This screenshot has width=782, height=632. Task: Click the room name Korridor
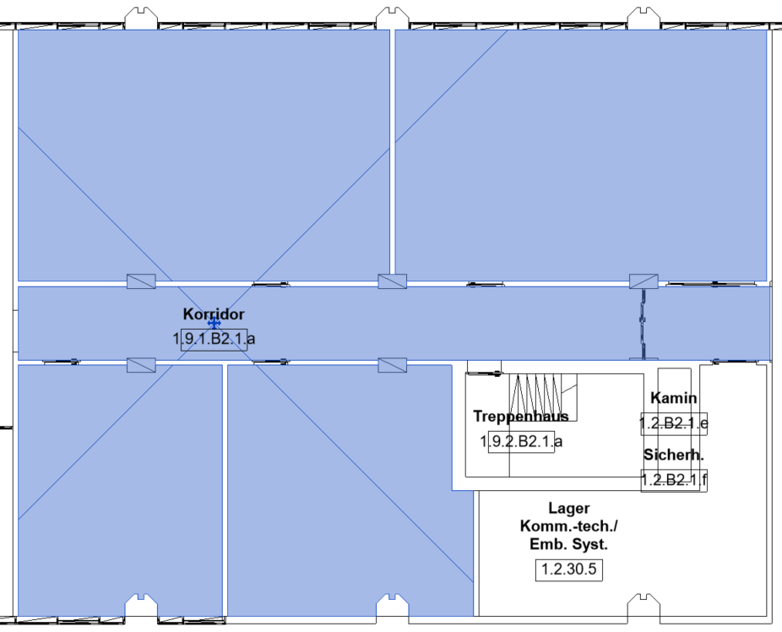(214, 314)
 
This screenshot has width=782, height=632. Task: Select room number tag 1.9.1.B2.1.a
(214, 339)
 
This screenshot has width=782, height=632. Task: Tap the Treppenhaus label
(521, 416)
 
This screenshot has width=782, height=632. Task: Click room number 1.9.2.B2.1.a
(521, 441)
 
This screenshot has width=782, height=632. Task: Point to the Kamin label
(674, 398)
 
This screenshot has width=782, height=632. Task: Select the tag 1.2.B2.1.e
(674, 423)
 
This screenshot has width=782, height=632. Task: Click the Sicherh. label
(674, 455)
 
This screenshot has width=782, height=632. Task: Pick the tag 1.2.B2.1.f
(674, 481)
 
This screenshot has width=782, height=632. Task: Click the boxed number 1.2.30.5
(569, 569)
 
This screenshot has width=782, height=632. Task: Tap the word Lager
(569, 509)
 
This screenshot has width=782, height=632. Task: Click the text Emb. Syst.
(569, 544)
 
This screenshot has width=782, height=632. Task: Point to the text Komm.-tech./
(569, 526)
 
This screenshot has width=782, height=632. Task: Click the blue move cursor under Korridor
(214, 323)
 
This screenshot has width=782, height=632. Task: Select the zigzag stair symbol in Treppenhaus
(535, 398)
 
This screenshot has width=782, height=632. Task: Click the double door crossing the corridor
(644, 324)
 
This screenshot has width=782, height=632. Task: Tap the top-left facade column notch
(141, 18)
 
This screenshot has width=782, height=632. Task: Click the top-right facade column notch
(644, 18)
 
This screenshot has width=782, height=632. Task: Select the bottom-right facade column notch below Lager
(644, 605)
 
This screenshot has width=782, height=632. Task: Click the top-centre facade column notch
(393, 18)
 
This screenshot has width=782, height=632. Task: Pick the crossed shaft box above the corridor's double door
(644, 281)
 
